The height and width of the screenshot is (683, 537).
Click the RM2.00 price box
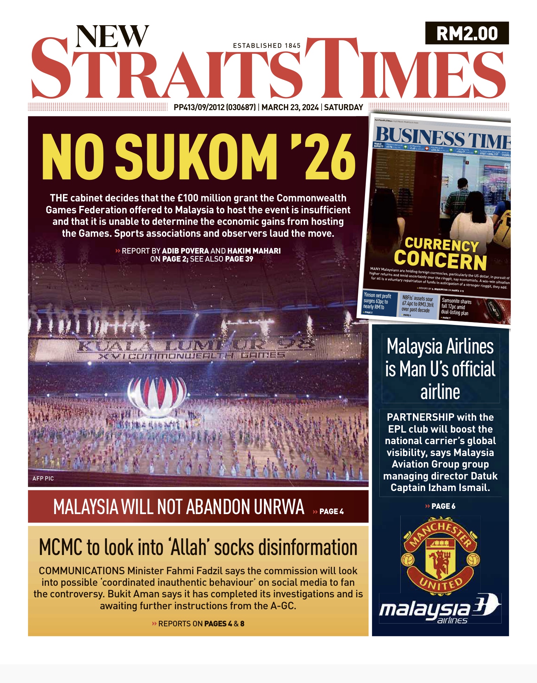tap(467, 33)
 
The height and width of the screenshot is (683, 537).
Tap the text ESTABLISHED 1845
tap(266, 46)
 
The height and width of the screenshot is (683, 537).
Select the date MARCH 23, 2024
tap(290, 107)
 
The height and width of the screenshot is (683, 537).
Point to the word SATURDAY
tap(343, 107)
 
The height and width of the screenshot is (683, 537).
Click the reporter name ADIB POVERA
tap(185, 251)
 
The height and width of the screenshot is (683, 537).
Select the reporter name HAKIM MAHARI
tap(254, 251)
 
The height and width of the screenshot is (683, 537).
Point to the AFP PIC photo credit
tap(43, 478)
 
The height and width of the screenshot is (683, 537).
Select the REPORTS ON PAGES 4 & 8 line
tap(198, 624)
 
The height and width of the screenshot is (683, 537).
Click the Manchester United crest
tap(440, 555)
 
